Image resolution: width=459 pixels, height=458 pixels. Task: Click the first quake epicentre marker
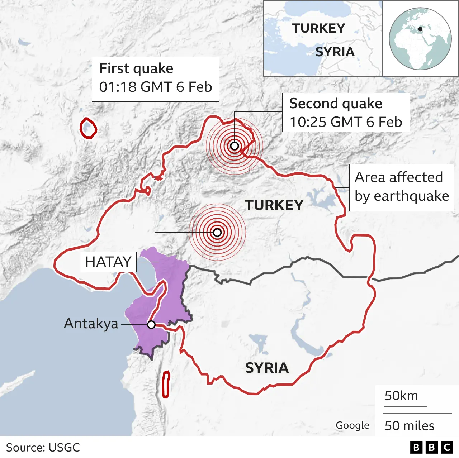(217, 233)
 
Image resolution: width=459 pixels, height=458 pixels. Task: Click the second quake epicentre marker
(235, 146)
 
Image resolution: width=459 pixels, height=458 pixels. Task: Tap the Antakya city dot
(151, 325)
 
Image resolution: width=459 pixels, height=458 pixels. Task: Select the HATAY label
(108, 262)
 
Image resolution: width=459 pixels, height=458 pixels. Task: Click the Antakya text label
(91, 324)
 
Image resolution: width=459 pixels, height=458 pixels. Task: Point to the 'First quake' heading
(136, 68)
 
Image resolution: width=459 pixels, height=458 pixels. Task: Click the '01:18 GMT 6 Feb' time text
(155, 87)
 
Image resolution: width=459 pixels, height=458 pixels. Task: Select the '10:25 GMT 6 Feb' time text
(346, 122)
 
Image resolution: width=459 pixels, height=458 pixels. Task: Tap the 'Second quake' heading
(336, 103)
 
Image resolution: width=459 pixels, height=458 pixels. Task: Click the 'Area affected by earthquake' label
(402, 187)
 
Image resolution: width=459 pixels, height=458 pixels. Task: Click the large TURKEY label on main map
(274, 205)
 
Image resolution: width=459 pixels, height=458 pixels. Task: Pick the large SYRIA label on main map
(267, 368)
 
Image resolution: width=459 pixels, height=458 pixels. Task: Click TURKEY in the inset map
(318, 28)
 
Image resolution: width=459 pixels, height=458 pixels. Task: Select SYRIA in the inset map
(335, 52)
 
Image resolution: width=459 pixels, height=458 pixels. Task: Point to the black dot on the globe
(420, 29)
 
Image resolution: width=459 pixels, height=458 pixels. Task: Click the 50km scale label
(401, 396)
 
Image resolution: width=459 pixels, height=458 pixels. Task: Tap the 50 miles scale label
(410, 426)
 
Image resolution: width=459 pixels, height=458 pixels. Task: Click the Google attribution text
(352, 425)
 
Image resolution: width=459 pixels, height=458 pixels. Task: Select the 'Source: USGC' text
(43, 448)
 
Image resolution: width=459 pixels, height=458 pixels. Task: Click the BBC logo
(431, 447)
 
